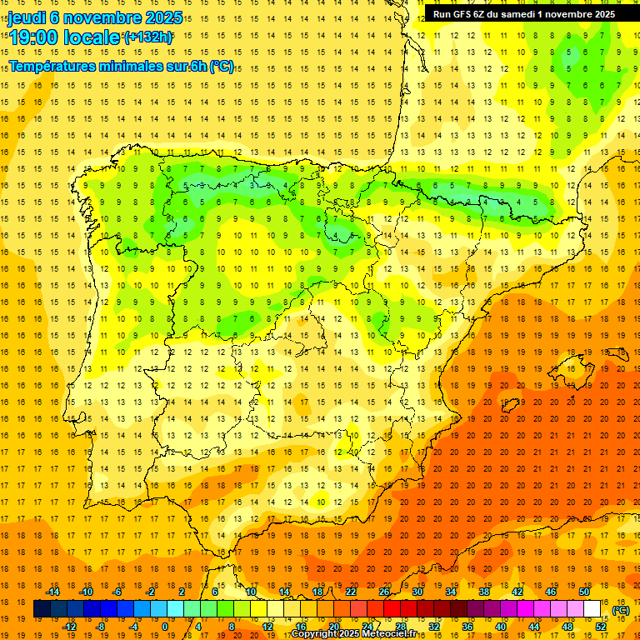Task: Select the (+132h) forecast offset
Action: point(148,37)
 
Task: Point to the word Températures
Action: point(52,67)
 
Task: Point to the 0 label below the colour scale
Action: point(164,627)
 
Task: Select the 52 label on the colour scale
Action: point(601,627)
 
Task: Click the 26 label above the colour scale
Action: point(384,592)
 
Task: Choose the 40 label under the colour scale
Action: point(501,627)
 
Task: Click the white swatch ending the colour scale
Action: point(592,609)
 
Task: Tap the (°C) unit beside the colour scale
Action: point(621,610)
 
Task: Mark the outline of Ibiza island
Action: point(507,407)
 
